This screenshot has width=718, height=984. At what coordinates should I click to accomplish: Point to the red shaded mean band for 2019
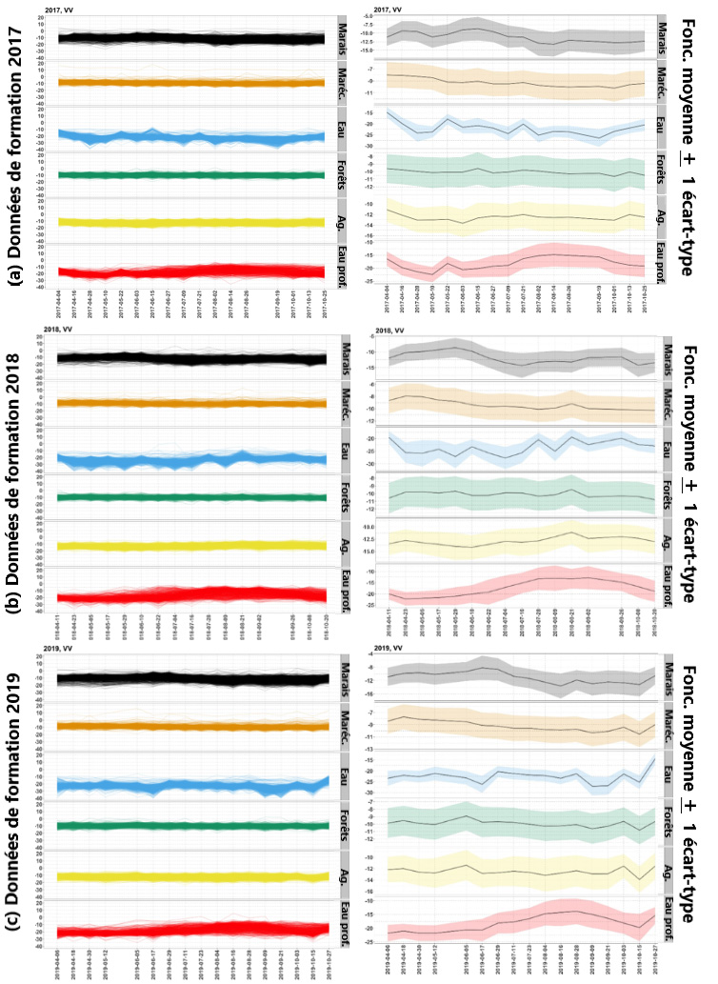[519, 918]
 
